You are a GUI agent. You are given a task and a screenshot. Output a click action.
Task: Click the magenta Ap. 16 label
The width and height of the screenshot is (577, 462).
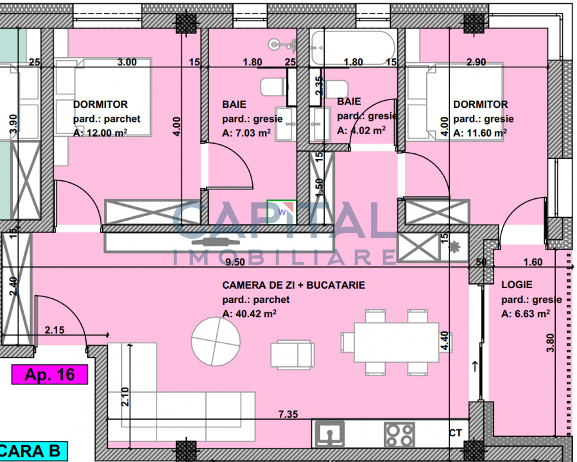[x=49, y=375]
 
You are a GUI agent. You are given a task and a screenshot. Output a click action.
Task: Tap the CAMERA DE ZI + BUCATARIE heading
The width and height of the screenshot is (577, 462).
[x=294, y=285]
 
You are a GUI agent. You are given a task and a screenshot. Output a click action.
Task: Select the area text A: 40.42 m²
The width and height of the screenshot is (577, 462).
[x=250, y=313]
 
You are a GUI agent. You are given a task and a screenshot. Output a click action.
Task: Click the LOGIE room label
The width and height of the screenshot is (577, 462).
[x=517, y=284]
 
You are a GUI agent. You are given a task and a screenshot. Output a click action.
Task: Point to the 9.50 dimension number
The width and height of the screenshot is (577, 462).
[x=235, y=262]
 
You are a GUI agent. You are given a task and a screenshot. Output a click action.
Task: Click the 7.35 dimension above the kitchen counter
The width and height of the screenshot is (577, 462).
[x=288, y=414]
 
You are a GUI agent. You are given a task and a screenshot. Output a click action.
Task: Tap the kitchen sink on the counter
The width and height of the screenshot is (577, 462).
[x=330, y=434]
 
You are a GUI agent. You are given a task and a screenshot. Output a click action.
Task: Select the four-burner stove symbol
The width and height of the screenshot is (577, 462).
[x=399, y=434]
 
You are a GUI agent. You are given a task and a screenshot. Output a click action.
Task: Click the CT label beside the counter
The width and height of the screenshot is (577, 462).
[x=455, y=433]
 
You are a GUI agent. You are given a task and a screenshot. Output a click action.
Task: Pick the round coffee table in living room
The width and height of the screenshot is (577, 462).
[x=216, y=341]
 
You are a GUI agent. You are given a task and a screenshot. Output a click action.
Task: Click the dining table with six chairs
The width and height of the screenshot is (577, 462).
[x=396, y=343]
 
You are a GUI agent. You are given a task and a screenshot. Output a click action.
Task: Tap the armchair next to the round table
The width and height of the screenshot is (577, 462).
[x=293, y=355]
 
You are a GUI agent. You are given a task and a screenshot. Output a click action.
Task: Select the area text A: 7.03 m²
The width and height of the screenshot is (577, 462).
[x=246, y=133]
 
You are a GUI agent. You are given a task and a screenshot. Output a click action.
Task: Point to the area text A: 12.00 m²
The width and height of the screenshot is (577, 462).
[x=100, y=132]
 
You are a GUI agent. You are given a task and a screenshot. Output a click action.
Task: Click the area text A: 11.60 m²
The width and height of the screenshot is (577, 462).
[x=480, y=132]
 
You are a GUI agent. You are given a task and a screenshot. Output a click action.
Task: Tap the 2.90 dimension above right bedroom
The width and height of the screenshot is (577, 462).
[x=476, y=62]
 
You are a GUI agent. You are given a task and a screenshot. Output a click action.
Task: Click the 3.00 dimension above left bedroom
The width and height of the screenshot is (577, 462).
[x=127, y=62]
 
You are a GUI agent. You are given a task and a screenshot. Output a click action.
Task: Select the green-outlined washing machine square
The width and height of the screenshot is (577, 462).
[x=282, y=212]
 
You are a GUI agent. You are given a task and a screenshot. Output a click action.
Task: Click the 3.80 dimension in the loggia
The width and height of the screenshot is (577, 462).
[x=550, y=343]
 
